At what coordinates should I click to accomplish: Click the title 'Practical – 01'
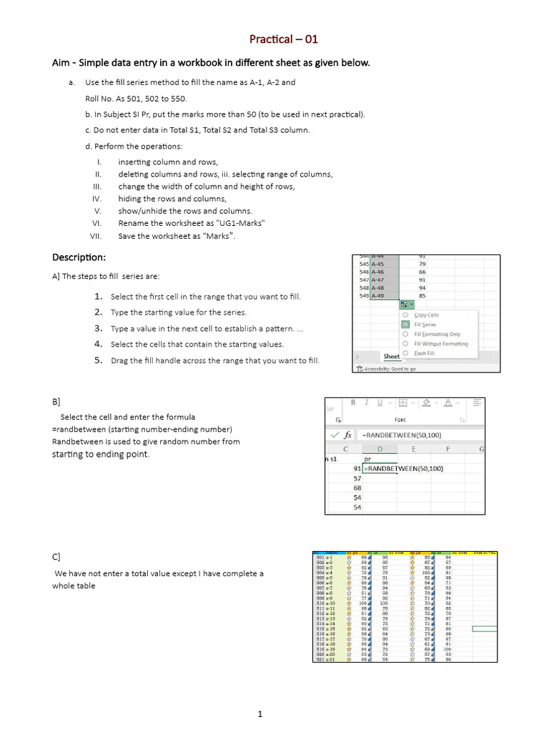[279, 39]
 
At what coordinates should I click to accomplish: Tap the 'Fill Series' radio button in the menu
[405, 324]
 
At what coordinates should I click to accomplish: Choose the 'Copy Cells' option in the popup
[426, 315]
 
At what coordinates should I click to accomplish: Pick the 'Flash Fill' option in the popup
[425, 352]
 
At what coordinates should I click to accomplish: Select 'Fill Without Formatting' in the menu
[441, 343]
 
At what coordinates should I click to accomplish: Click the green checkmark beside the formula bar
[333, 434]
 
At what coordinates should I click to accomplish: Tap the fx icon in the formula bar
[348, 434]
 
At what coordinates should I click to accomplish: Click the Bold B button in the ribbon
[353, 402]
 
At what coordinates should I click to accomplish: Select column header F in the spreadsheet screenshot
[447, 449]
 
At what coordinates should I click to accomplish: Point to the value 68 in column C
[357, 488]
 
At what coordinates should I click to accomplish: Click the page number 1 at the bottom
[260, 713]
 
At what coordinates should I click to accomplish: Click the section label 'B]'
[56, 402]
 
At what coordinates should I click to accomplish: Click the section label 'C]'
[56, 556]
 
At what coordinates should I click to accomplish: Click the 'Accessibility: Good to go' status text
[390, 369]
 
